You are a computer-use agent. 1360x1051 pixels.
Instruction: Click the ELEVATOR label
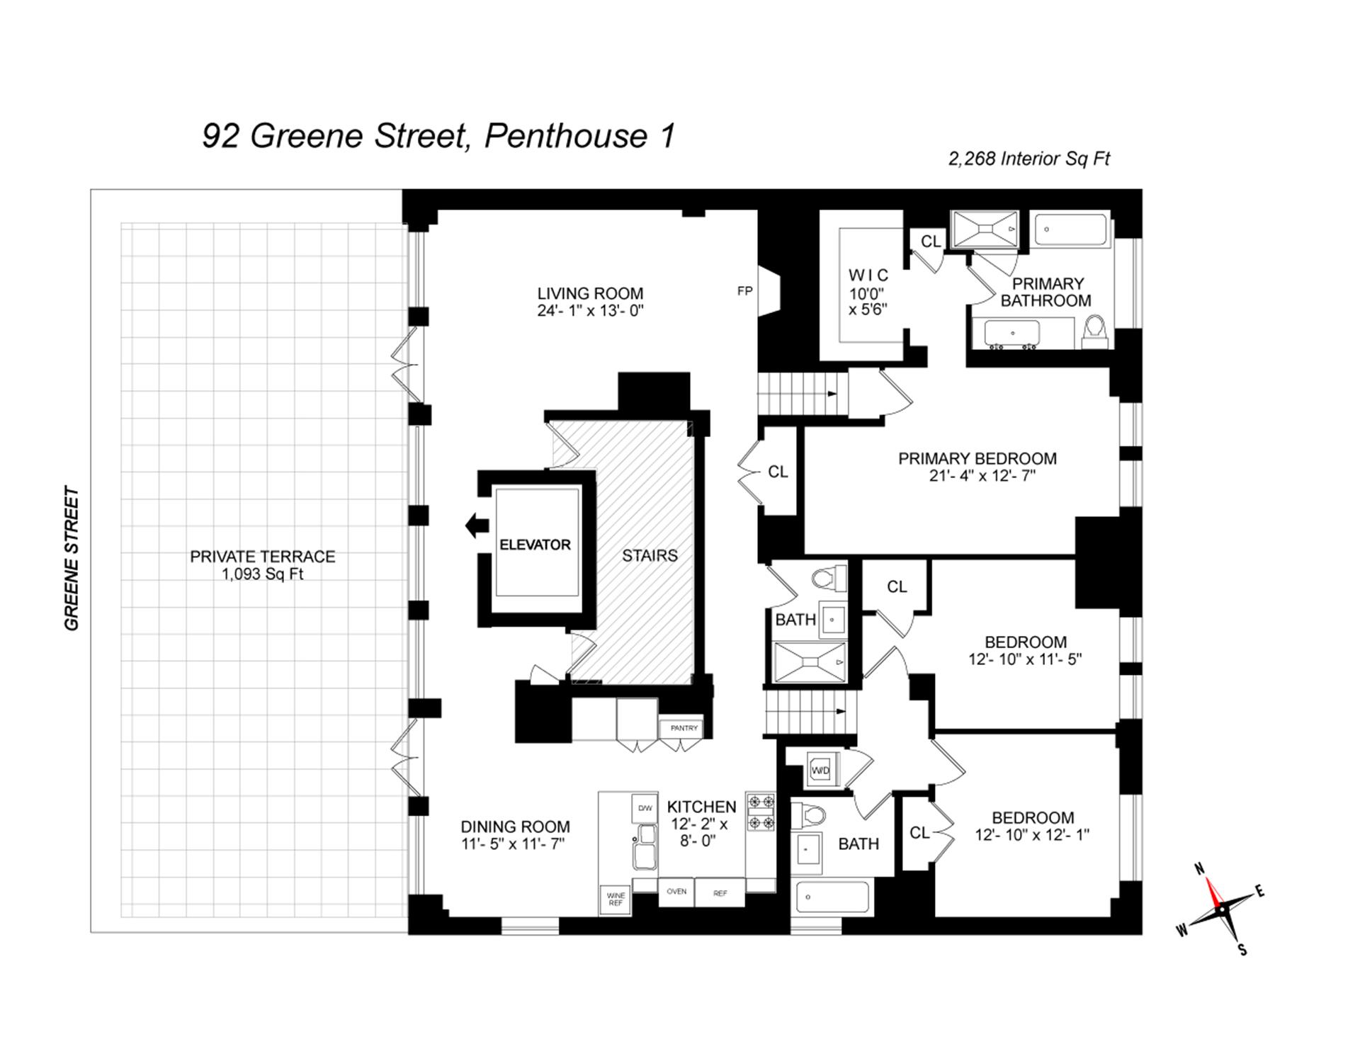535,545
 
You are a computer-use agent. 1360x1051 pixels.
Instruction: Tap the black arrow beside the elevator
477,525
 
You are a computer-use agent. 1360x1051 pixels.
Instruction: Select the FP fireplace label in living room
744,290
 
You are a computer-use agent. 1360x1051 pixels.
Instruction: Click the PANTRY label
684,728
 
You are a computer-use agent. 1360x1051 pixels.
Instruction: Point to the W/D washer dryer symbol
820,770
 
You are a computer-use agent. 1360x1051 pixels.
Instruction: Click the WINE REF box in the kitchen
616,899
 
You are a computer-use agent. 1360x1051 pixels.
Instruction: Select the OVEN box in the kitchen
676,892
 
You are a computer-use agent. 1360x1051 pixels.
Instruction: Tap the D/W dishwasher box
645,808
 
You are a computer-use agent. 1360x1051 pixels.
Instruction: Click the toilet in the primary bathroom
1095,333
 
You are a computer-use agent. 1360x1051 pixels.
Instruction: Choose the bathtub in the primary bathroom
1070,229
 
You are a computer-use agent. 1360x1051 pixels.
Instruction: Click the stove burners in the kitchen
761,812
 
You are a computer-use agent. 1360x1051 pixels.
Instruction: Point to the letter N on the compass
1200,869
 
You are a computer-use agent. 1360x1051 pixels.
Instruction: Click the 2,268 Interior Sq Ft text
1028,159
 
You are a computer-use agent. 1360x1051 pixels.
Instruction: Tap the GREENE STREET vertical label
72,558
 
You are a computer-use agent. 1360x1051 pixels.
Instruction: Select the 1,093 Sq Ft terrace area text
262,574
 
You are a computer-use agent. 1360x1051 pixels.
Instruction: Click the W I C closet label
868,275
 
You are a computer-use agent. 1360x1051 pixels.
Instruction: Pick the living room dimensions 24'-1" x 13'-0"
590,311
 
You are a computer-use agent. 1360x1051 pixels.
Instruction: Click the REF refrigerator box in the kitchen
720,893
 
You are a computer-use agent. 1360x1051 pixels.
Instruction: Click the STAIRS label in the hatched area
650,556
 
